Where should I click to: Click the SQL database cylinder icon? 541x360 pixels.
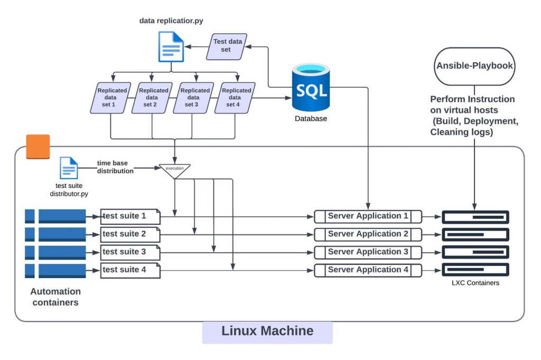311,88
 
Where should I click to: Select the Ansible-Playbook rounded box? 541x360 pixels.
474,66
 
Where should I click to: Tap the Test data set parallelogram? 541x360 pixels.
226,46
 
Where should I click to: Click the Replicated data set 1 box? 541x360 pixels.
111,98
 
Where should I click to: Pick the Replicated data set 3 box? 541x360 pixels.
194,98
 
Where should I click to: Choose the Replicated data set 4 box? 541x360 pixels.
235,98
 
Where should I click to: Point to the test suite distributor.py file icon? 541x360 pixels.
69,168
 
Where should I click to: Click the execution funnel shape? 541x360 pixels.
174,170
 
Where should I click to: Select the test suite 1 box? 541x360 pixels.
130,216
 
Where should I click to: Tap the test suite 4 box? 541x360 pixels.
130,270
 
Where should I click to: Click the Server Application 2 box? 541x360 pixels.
368,234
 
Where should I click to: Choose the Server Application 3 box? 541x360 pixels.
368,252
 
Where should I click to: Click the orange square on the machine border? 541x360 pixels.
38,147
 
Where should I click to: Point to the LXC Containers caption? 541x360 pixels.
475,283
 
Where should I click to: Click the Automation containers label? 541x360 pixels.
55,297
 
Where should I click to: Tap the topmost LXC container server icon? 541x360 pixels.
475,217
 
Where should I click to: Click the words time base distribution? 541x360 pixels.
115,167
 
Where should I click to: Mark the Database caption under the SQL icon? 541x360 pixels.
311,118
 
